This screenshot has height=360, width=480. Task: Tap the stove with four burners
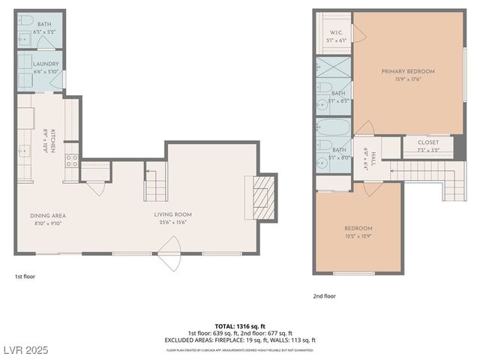click(x=72, y=160)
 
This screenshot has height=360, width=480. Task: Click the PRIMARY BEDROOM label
click(x=407, y=71)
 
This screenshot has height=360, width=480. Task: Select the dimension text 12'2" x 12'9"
click(x=358, y=236)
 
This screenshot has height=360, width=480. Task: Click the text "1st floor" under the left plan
click(x=25, y=277)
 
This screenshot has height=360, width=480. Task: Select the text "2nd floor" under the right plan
click(x=324, y=296)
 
